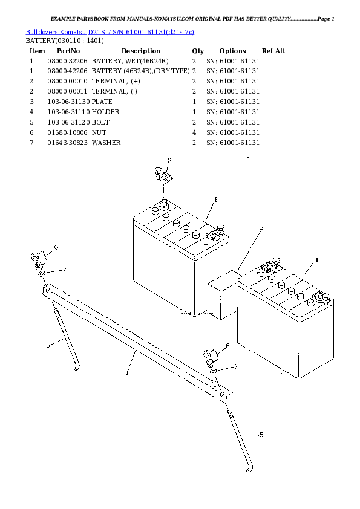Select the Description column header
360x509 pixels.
[x=140, y=51]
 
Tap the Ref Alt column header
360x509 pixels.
[x=273, y=51]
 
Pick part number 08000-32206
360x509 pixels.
[x=67, y=61]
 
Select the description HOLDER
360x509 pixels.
[x=106, y=112]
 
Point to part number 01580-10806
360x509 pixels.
[x=67, y=132]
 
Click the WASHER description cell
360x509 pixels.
[x=106, y=143]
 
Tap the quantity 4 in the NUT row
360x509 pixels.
[x=194, y=132]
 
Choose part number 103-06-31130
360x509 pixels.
[x=68, y=102]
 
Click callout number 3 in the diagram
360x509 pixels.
[x=261, y=228]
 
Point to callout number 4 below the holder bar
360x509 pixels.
[x=127, y=374]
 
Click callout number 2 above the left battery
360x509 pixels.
[x=169, y=160]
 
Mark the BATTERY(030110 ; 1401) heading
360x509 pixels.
[x=64, y=41]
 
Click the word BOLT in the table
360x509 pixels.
[x=101, y=122]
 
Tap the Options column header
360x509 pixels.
[x=232, y=51]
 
